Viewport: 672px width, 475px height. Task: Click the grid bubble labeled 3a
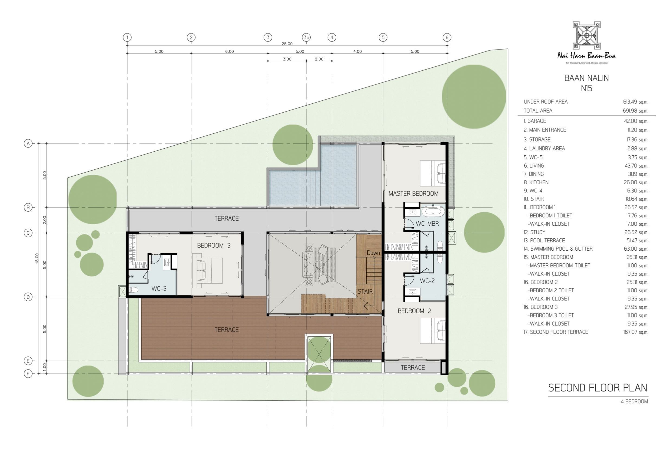(x=306, y=37)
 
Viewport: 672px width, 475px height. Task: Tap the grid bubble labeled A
(x=28, y=143)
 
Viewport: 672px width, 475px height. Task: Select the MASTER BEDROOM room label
(x=413, y=194)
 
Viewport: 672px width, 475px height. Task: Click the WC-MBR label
(x=427, y=224)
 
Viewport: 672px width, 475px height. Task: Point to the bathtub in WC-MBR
(x=433, y=212)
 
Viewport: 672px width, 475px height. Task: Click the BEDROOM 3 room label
(x=214, y=245)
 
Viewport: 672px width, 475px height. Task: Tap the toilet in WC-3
(x=133, y=290)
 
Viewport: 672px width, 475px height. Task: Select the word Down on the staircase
(x=373, y=253)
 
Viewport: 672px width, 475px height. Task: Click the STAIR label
(x=365, y=291)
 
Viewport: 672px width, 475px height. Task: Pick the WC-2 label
(x=427, y=281)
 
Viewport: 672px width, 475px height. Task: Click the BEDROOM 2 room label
(x=414, y=311)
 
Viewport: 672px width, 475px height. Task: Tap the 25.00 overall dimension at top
(x=287, y=44)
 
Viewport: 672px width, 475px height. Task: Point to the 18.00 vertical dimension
(x=37, y=258)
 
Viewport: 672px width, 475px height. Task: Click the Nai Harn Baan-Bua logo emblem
(x=586, y=35)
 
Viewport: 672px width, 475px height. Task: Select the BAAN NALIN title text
(x=586, y=78)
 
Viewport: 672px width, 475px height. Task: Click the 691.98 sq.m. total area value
(x=635, y=111)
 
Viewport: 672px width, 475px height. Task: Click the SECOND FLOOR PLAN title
(x=598, y=388)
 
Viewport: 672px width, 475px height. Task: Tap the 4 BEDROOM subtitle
(x=634, y=401)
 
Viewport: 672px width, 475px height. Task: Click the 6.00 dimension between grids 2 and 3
(x=230, y=51)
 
